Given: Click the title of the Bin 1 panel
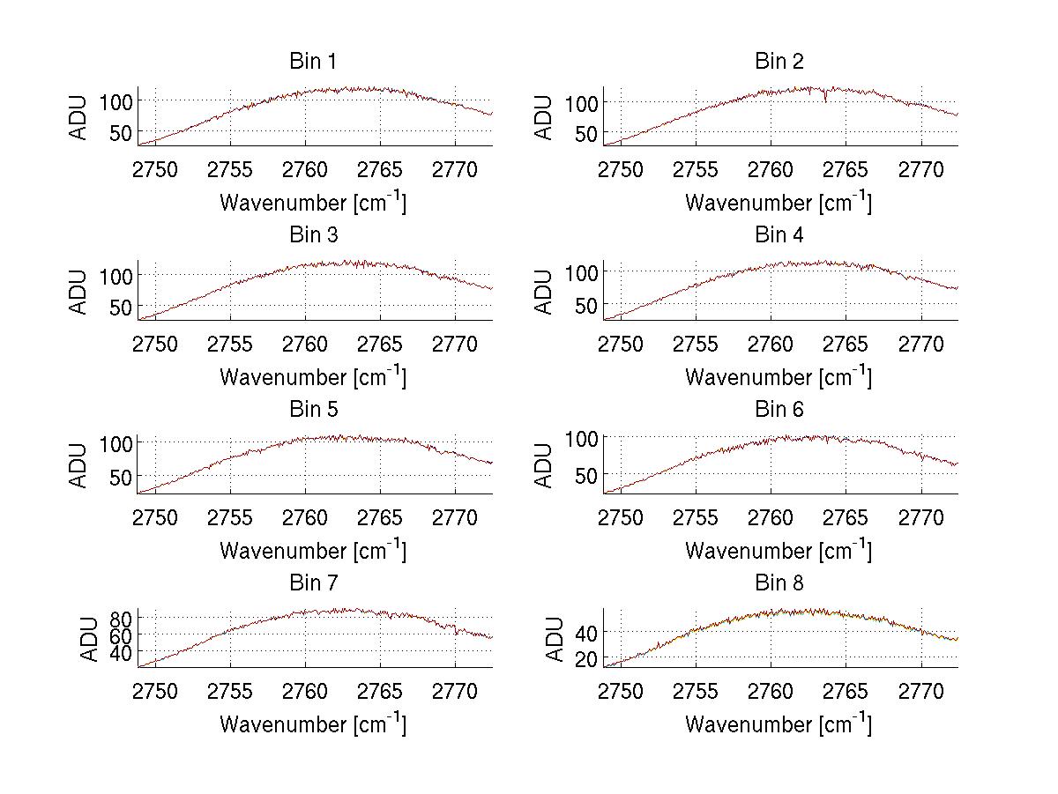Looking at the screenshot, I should (x=312, y=61).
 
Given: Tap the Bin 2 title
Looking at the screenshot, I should (x=779, y=61).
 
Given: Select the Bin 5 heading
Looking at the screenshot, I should (x=312, y=409).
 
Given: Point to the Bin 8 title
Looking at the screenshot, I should (x=779, y=583).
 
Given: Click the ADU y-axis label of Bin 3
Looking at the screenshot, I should (x=79, y=292).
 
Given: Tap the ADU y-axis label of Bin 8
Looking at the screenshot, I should (x=555, y=639).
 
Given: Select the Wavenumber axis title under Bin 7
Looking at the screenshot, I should (x=312, y=724).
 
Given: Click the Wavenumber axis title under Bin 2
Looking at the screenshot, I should (x=779, y=202).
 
